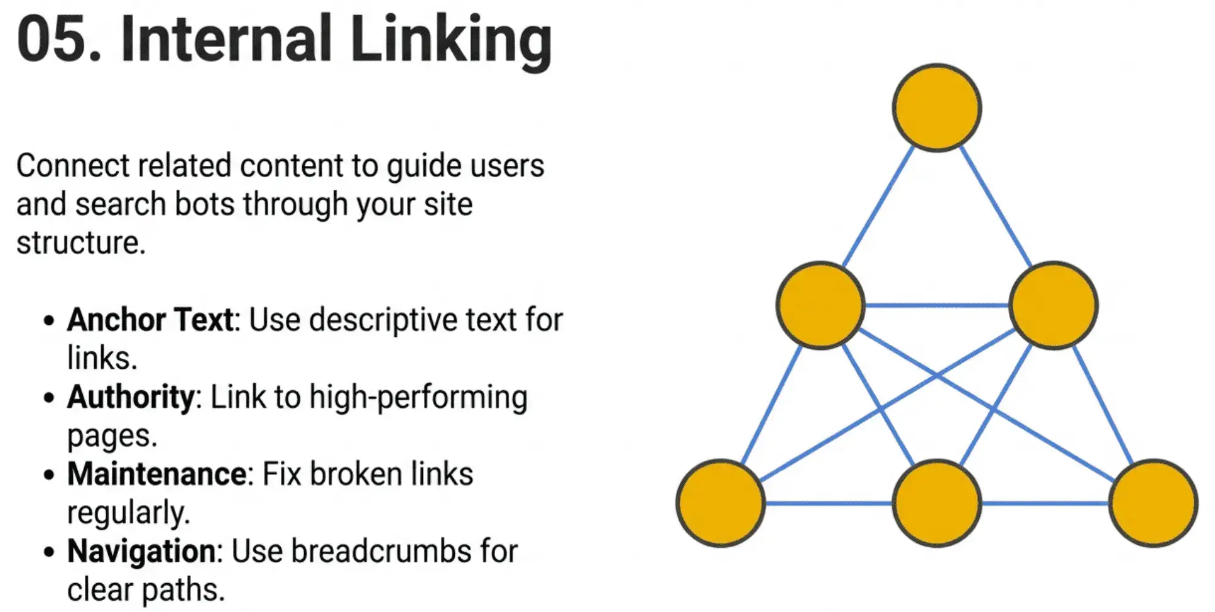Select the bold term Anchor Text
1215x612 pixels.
coord(150,320)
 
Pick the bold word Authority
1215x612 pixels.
coord(131,397)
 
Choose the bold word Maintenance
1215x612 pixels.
coord(157,474)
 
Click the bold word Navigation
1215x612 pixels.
coord(141,552)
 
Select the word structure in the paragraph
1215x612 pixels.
coord(80,243)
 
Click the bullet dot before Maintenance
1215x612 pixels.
coord(49,475)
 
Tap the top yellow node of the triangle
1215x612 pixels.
coord(937,107)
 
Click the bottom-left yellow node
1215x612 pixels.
coord(721,503)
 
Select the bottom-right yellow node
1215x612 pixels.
coord(1153,503)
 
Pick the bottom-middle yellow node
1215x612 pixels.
coord(937,503)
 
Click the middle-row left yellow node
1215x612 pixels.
coord(820,305)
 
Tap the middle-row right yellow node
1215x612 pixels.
coord(1054,305)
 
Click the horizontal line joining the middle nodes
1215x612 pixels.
coord(937,305)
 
